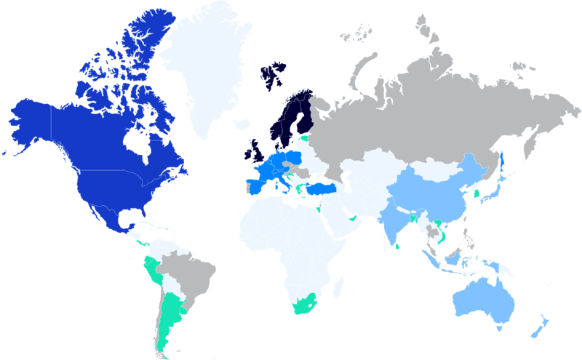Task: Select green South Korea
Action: click(476, 194)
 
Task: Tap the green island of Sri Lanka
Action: click(396, 246)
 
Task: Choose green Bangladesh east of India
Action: click(412, 217)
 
